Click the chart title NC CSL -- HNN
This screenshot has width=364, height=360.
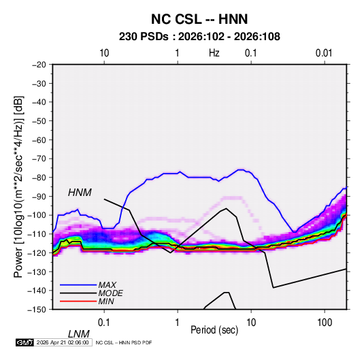pyautogui.click(x=199, y=19)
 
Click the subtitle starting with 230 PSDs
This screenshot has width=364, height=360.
pyautogui.click(x=199, y=37)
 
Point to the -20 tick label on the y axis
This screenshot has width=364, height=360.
pyautogui.click(x=39, y=65)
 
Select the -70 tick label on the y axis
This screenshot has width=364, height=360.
pyautogui.click(x=39, y=159)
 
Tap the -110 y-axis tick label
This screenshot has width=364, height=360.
pyautogui.click(x=37, y=234)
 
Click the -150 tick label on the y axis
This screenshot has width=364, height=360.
pyautogui.click(x=37, y=310)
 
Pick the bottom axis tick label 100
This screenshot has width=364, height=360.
pyautogui.click(x=325, y=323)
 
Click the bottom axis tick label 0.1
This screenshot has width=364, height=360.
pyautogui.click(x=104, y=323)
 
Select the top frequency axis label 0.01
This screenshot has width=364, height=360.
pyautogui.click(x=324, y=53)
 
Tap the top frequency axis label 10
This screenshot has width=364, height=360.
pyautogui.click(x=104, y=53)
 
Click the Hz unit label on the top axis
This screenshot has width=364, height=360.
pyautogui.click(x=214, y=53)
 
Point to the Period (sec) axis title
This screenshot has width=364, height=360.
pyautogui.click(x=214, y=330)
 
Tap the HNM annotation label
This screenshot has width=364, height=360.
pyautogui.click(x=80, y=193)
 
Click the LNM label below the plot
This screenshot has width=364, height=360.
pyautogui.click(x=79, y=334)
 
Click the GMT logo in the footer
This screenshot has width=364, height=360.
pyautogui.click(x=25, y=342)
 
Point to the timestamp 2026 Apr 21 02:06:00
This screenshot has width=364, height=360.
pyautogui.click(x=63, y=342)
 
